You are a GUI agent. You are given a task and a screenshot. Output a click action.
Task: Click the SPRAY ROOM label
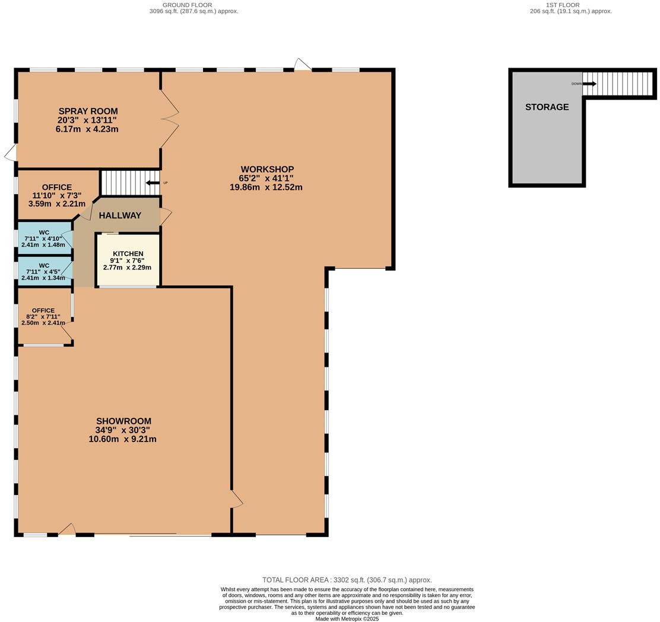[x=88, y=111]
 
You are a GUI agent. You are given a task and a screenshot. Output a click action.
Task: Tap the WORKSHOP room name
[x=266, y=169]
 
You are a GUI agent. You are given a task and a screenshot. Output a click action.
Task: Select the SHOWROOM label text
[x=123, y=421]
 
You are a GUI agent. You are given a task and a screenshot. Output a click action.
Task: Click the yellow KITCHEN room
[x=128, y=261]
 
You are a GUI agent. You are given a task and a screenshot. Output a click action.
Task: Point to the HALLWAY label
[x=120, y=215]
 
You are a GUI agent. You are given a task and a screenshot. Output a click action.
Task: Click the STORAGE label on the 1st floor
[x=547, y=107]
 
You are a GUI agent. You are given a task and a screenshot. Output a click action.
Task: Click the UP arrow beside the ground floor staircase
[x=153, y=183]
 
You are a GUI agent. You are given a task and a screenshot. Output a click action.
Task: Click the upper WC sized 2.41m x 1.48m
[x=43, y=238]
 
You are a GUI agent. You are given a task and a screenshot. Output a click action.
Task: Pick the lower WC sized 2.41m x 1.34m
[x=43, y=271]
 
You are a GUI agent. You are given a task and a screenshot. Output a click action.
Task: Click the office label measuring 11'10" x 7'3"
[x=57, y=195]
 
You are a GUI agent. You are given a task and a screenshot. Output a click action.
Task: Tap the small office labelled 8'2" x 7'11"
[x=43, y=316]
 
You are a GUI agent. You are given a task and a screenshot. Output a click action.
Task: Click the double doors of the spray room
[x=170, y=119]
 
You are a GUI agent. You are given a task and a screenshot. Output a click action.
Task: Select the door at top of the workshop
[x=303, y=65]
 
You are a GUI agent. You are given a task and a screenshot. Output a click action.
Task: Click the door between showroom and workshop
[x=237, y=499]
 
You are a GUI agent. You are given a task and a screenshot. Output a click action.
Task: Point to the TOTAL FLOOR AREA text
[x=347, y=580]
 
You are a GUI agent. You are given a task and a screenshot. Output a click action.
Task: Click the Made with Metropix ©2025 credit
[x=347, y=618]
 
